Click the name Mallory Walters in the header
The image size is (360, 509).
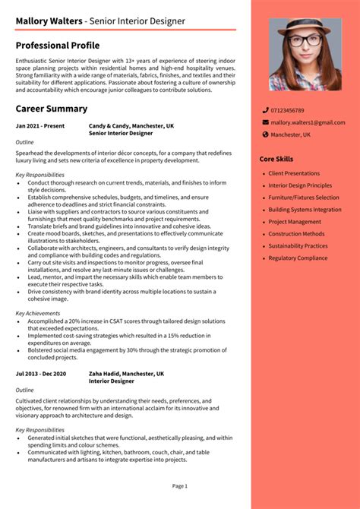[x=48, y=21]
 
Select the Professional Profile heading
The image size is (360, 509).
[x=57, y=46]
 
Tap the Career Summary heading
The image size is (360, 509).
[x=51, y=109]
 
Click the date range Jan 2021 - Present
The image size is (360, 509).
[x=40, y=125]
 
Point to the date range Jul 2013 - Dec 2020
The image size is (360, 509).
[x=41, y=374]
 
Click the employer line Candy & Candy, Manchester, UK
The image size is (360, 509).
[x=131, y=125]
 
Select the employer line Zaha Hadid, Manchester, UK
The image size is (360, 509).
[x=126, y=374]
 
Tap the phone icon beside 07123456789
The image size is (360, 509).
[x=265, y=110]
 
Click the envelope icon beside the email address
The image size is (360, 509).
[x=265, y=122]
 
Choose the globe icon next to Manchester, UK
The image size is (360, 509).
[x=265, y=134]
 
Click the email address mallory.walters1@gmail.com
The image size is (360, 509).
[x=308, y=122]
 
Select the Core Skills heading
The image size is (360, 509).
[x=276, y=159]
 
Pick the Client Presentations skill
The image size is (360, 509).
[x=294, y=173]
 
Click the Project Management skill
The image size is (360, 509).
[x=295, y=222]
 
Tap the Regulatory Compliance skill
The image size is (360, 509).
[x=298, y=258]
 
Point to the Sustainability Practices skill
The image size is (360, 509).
[x=298, y=246]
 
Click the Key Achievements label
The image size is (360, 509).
[x=38, y=313]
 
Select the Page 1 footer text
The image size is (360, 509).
[x=179, y=485]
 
